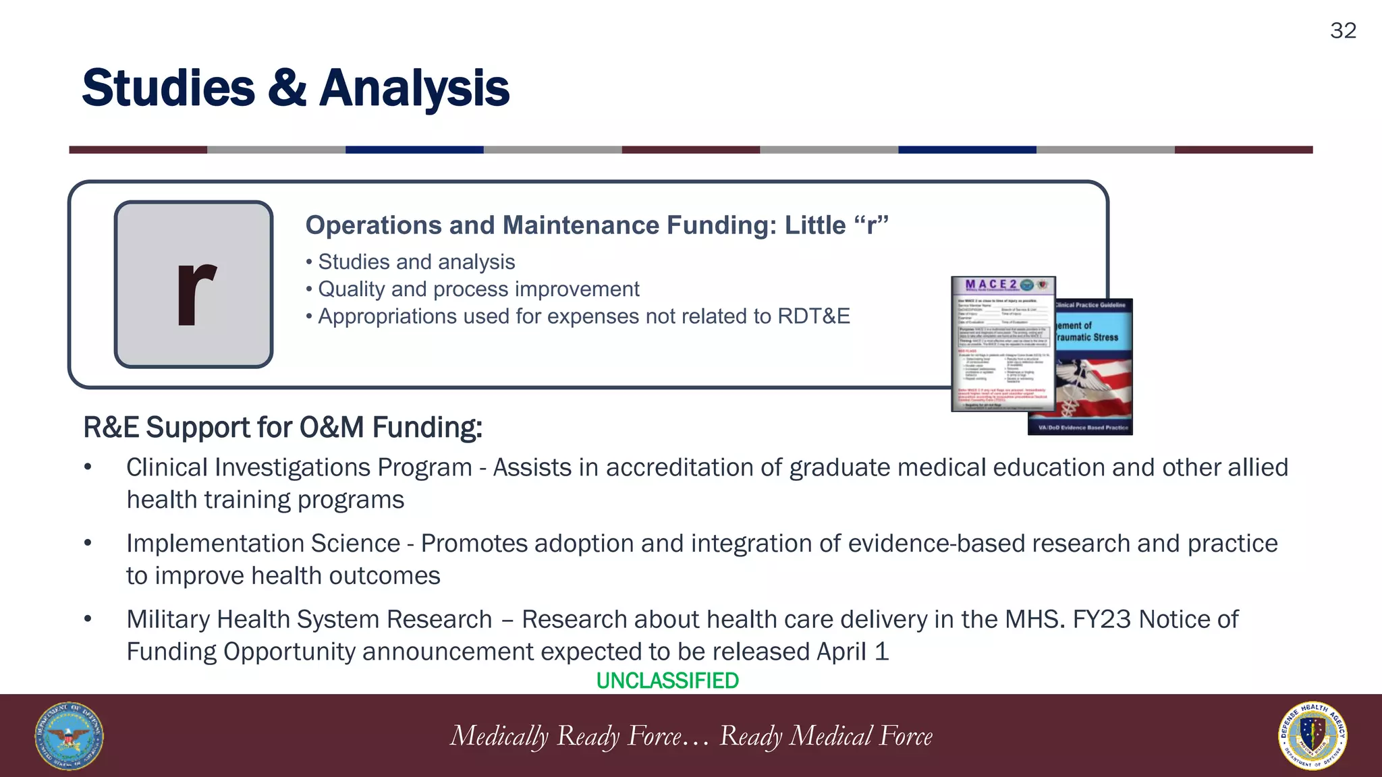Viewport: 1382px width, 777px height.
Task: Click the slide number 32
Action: pyautogui.click(x=1342, y=30)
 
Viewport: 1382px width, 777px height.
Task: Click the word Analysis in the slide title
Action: pyautogui.click(x=414, y=88)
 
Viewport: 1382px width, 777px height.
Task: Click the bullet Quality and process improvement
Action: pyautogui.click(x=478, y=289)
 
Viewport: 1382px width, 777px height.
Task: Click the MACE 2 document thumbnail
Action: pyautogui.click(x=1003, y=344)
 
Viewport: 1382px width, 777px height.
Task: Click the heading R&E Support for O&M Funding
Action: pyautogui.click(x=282, y=427)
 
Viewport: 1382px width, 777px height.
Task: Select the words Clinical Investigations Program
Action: pyautogui.click(x=298, y=467)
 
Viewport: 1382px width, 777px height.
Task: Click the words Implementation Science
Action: pyautogui.click(x=263, y=544)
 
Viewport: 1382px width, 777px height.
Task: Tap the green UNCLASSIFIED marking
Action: pyautogui.click(x=667, y=681)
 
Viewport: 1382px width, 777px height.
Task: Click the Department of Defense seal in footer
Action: pyautogui.click(x=69, y=736)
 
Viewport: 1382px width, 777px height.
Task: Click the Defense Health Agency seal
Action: pyautogui.click(x=1312, y=736)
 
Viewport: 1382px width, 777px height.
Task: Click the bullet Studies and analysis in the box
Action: pyautogui.click(x=416, y=262)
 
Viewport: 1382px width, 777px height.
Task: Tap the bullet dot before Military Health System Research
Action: pyautogui.click(x=88, y=619)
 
